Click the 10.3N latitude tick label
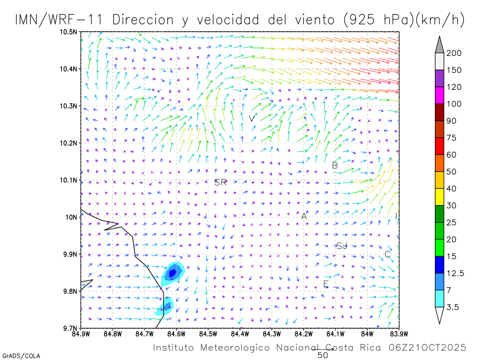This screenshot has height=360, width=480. (x=69, y=106)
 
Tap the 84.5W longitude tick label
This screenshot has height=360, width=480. (x=208, y=333)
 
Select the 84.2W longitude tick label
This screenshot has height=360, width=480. (x=304, y=333)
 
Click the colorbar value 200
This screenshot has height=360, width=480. (x=454, y=53)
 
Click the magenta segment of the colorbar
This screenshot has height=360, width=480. (x=439, y=95)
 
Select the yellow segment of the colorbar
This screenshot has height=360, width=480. (x=439, y=196)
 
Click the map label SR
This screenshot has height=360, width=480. (x=220, y=183)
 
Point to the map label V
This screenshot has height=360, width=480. (x=251, y=119)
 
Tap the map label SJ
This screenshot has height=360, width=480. (x=342, y=246)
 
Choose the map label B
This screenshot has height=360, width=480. (x=335, y=165)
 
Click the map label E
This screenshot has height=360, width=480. (x=326, y=284)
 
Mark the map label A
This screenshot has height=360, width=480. (x=304, y=216)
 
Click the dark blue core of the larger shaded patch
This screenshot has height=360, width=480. (x=172, y=273)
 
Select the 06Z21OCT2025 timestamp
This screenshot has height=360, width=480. (x=428, y=348)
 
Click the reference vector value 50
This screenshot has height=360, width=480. (x=322, y=355)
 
